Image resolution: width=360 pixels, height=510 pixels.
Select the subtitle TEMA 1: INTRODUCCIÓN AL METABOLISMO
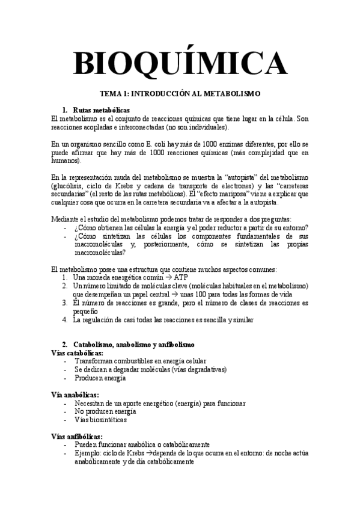tap(180, 94)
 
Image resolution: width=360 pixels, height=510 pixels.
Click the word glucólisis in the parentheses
tap(69, 186)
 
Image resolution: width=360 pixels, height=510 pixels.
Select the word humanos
tap(66, 161)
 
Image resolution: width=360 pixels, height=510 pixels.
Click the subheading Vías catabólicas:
tap(77, 353)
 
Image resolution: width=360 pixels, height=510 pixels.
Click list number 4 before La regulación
tap(64, 320)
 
